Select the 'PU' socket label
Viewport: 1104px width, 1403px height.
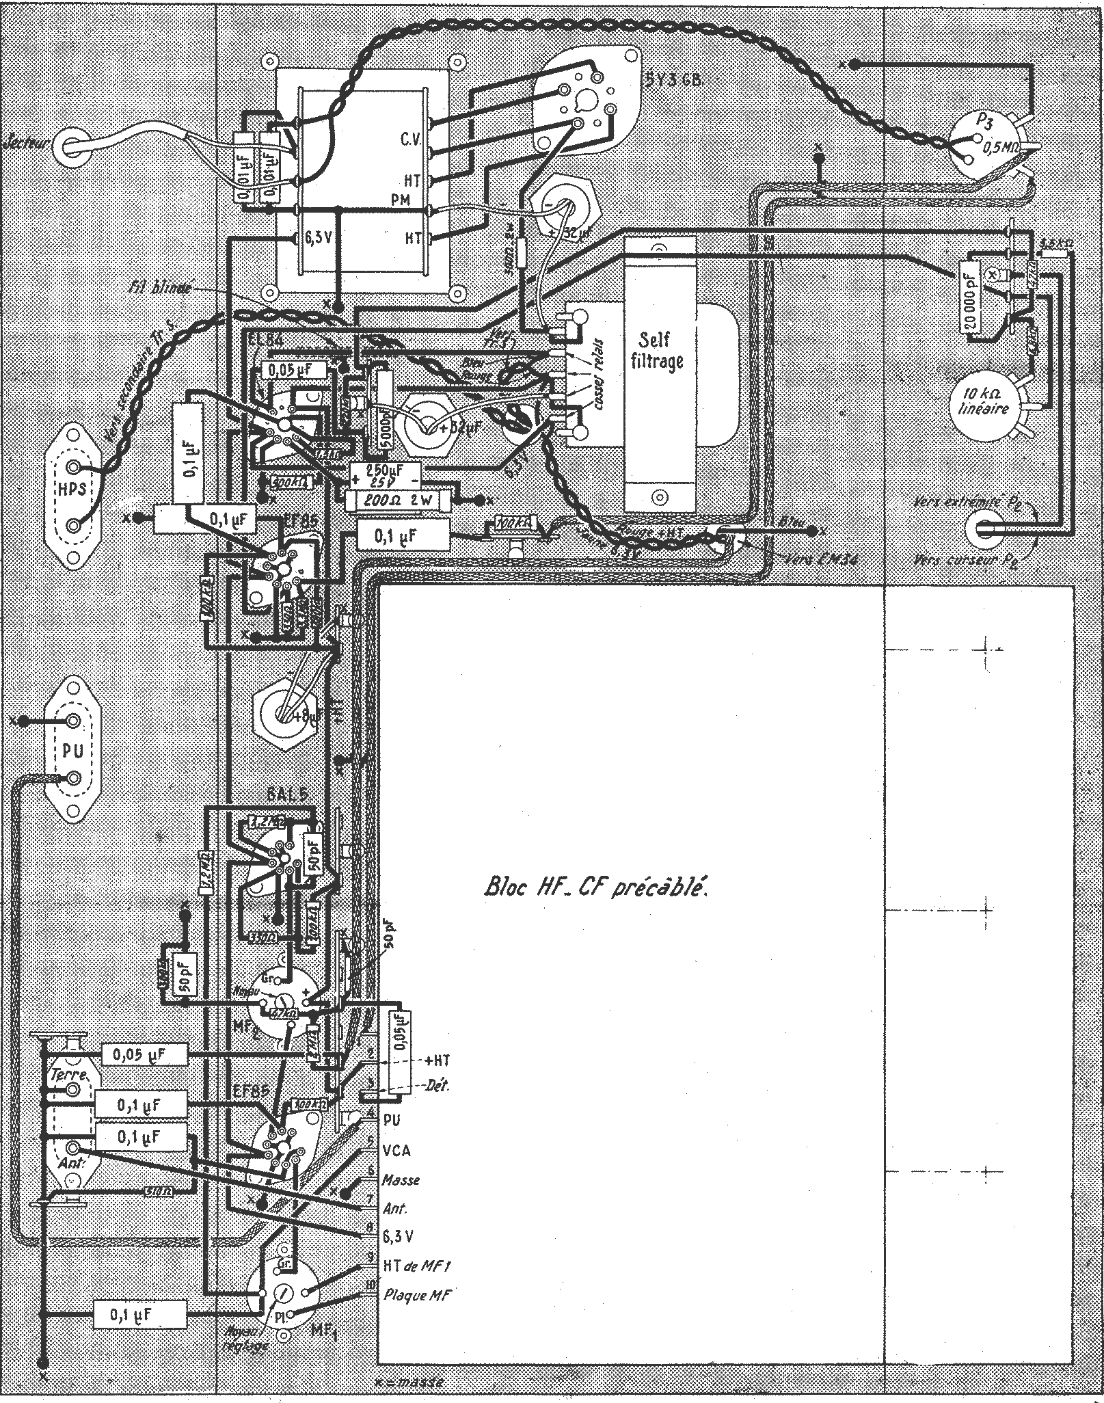tap(72, 751)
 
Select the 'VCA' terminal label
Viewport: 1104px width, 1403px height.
tap(397, 1151)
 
